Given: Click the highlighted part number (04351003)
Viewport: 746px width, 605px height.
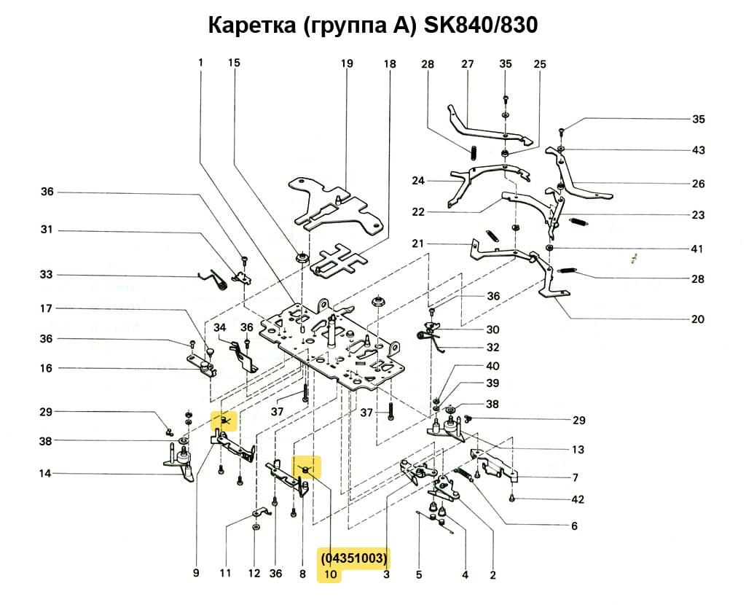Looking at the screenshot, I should click(x=354, y=559).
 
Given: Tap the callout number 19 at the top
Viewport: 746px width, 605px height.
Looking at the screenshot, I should click(x=347, y=64).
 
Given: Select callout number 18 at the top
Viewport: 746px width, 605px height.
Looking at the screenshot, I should click(x=390, y=64).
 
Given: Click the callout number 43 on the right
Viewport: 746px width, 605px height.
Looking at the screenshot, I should click(x=698, y=150).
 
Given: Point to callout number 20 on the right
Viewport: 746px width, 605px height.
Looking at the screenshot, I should click(x=698, y=319).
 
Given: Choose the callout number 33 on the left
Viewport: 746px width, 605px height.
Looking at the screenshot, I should click(x=47, y=275).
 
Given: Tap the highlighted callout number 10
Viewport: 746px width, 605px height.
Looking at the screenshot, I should click(x=331, y=574).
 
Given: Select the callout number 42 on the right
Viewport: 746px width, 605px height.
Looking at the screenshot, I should click(x=578, y=500).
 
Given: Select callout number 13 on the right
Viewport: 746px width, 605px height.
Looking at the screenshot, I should click(x=578, y=450).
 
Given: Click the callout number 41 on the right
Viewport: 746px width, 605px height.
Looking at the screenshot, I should click(x=698, y=249).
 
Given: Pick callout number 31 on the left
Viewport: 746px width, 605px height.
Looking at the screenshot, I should click(x=47, y=230).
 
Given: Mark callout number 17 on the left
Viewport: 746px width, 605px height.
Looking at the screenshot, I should click(x=47, y=309).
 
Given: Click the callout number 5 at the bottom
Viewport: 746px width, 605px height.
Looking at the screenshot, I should click(x=419, y=574).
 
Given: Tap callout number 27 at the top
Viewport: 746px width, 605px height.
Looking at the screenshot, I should click(x=468, y=64).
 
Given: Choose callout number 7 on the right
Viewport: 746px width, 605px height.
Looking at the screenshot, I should click(x=575, y=478).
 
